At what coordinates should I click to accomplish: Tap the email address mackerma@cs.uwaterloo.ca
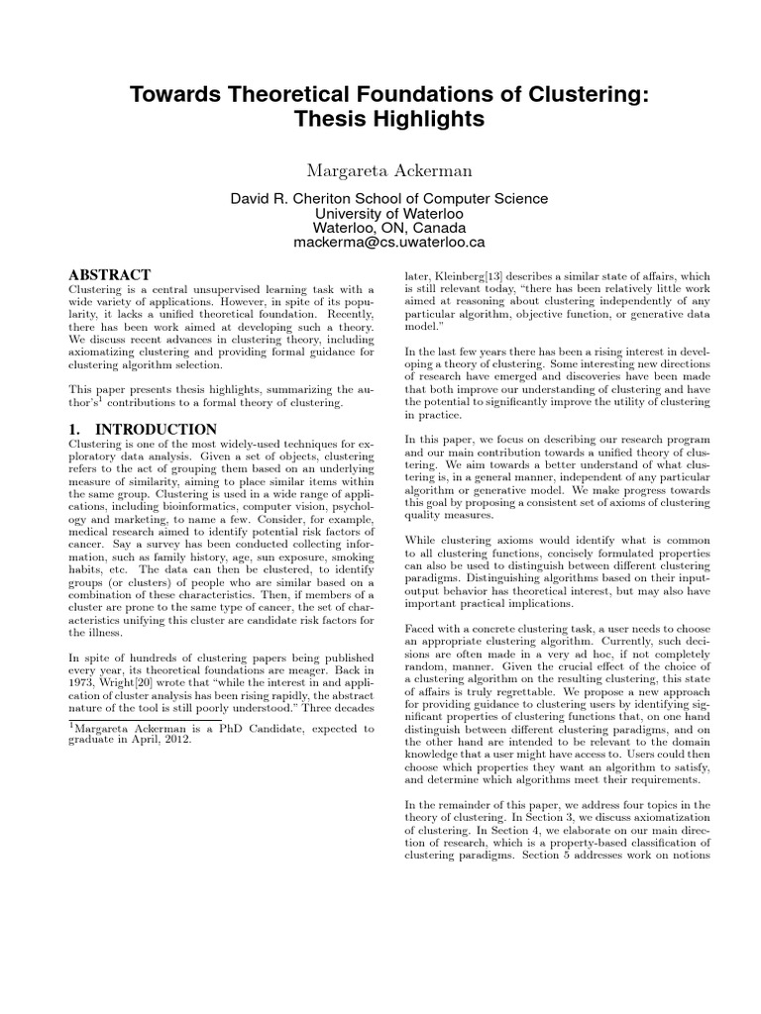pos(380,241)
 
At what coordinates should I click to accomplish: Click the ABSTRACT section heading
pos(109,274)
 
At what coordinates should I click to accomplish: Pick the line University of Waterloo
pos(380,213)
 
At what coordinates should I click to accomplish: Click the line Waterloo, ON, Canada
pos(380,227)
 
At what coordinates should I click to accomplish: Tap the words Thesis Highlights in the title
pos(380,121)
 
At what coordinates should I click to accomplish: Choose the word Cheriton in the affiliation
pos(327,198)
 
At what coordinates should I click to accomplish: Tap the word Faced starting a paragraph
pos(424,628)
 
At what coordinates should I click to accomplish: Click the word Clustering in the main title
pos(567,95)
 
